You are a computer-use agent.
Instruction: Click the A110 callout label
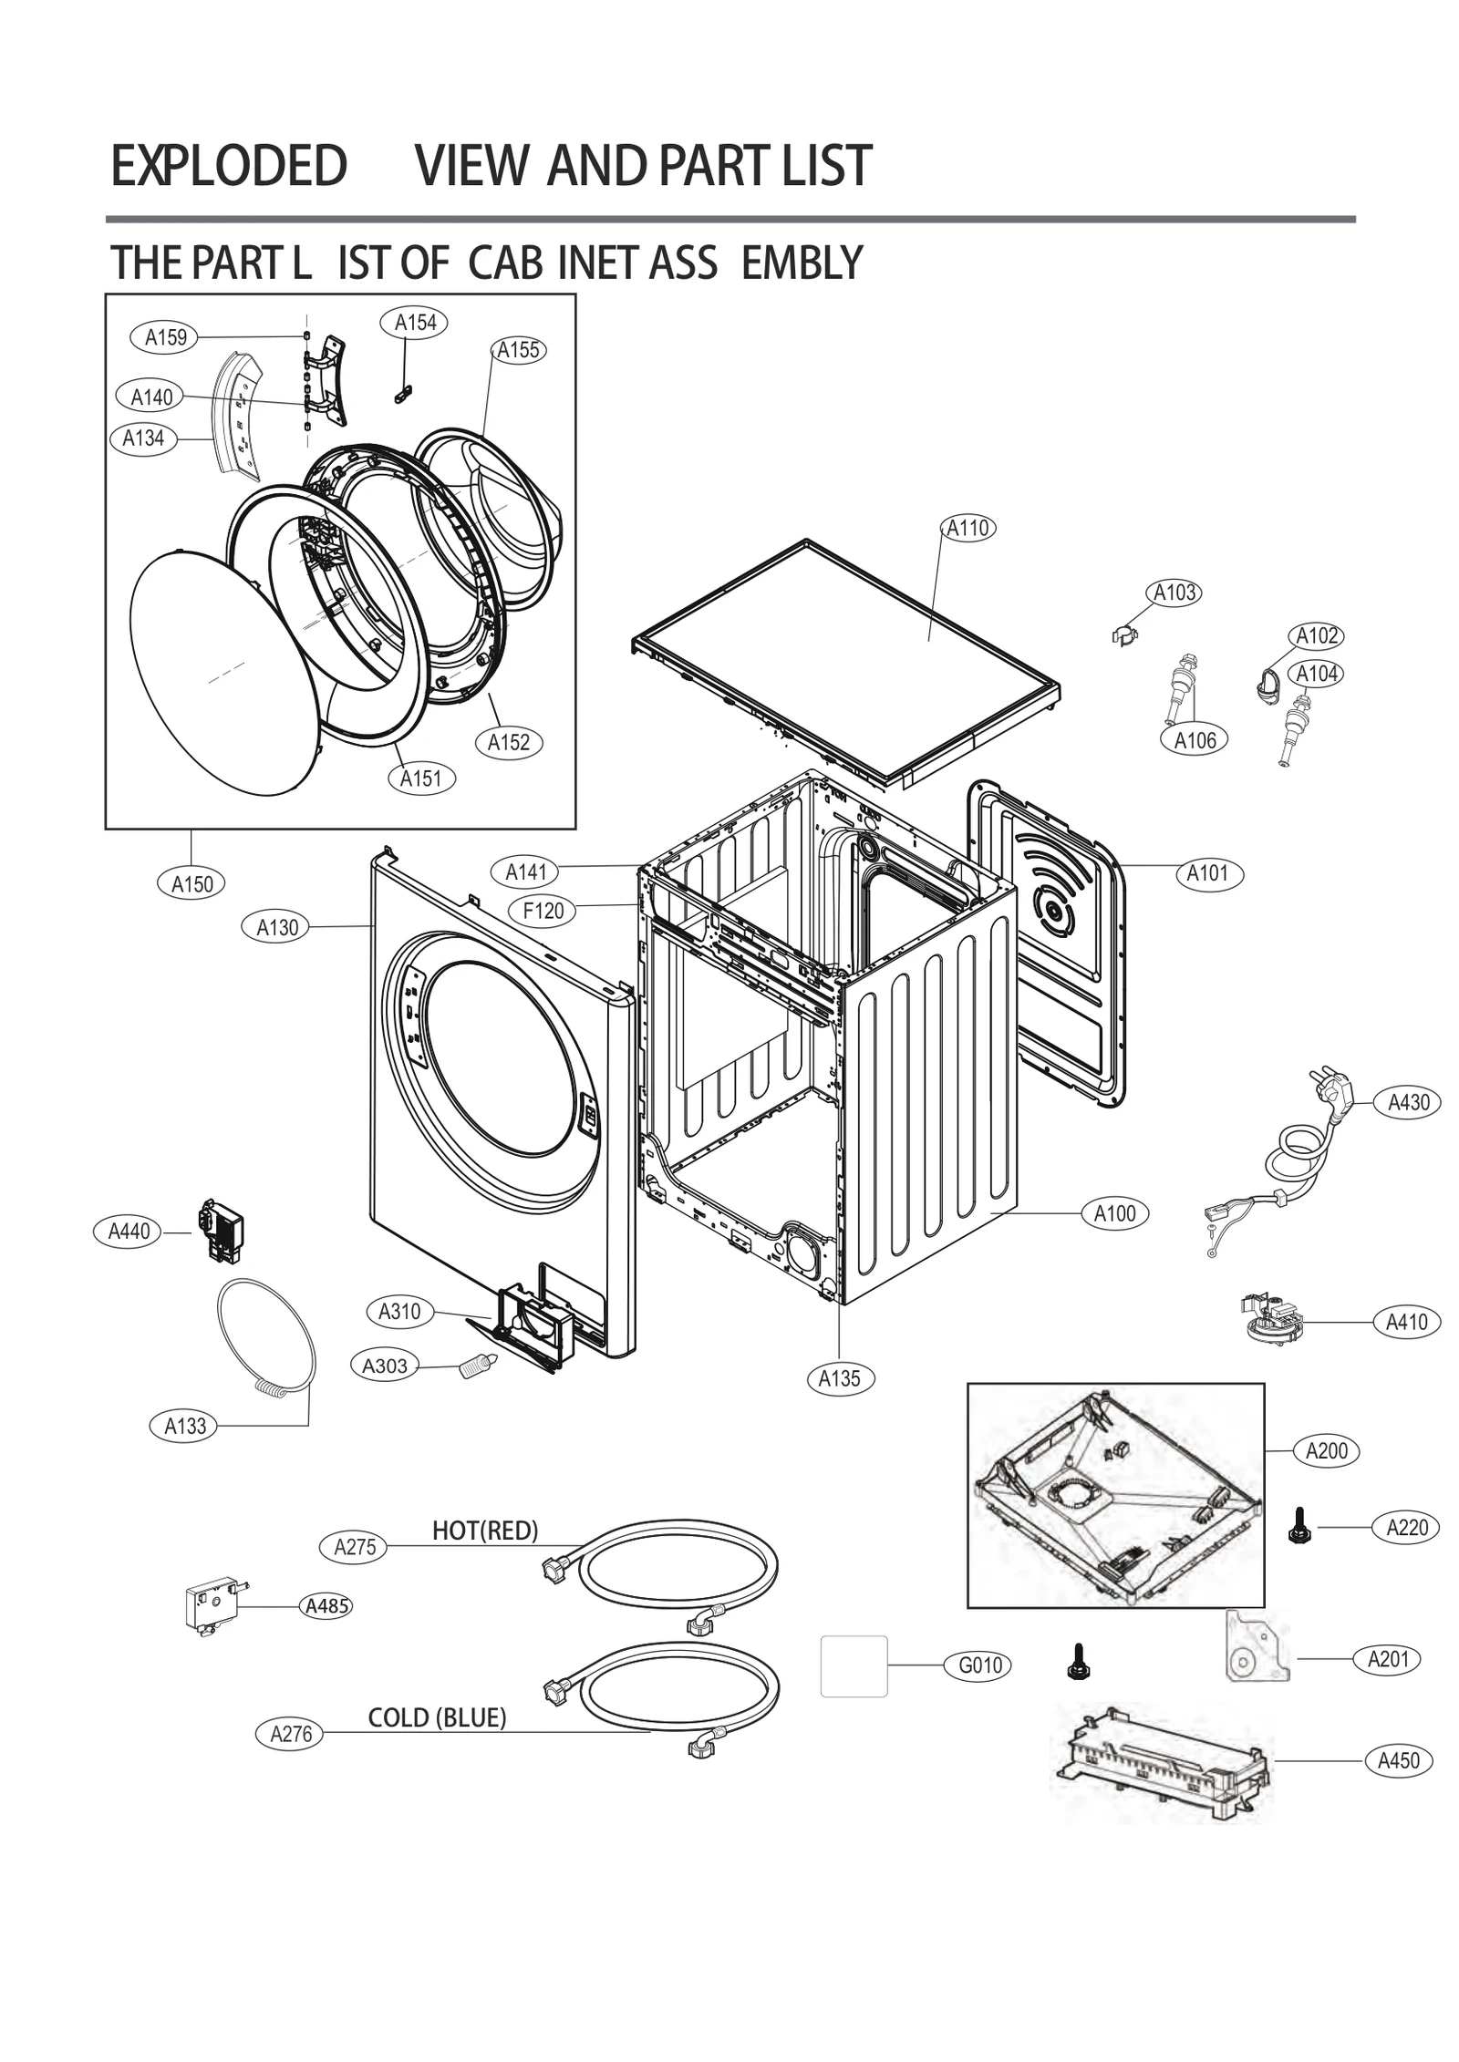click(967, 528)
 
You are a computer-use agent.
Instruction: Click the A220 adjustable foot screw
click(1295, 1526)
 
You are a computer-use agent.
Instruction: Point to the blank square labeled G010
click(854, 1665)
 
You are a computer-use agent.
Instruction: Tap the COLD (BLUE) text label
click(436, 1717)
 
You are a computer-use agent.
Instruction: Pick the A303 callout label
click(385, 1366)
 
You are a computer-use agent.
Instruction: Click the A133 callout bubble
click(185, 1426)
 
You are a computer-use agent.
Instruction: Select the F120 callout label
click(543, 910)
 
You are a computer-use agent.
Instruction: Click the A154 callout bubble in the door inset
click(415, 322)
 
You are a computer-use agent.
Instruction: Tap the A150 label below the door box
click(191, 883)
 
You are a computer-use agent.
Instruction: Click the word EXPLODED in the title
click(228, 166)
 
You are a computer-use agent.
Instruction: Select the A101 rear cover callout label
click(1208, 873)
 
